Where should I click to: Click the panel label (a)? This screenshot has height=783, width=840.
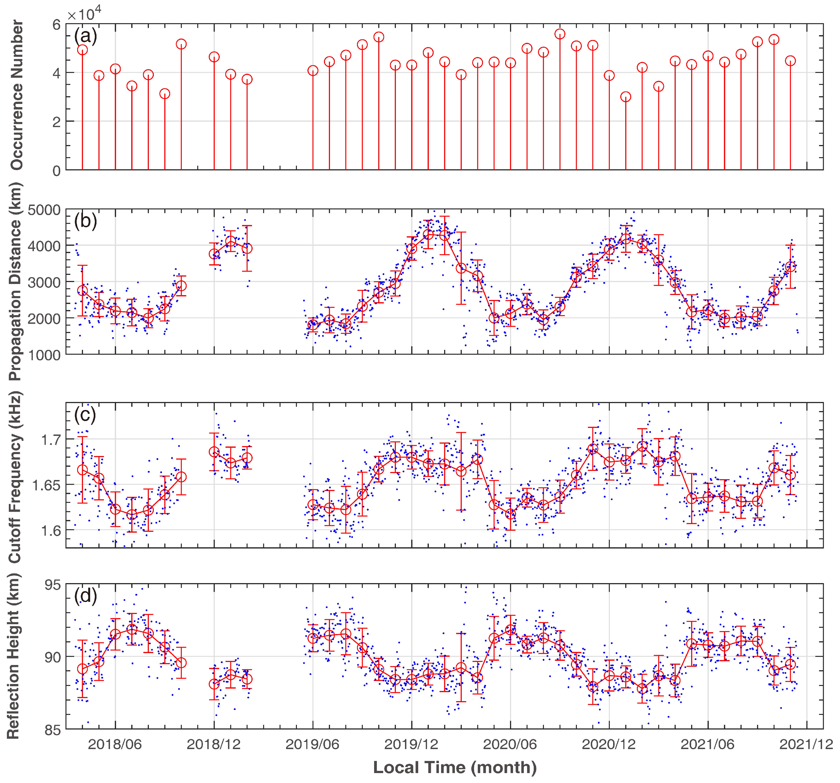(x=85, y=36)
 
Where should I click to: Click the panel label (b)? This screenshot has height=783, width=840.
(x=85, y=221)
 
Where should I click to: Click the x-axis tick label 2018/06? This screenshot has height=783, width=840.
(x=115, y=744)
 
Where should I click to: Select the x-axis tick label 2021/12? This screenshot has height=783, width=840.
(x=806, y=744)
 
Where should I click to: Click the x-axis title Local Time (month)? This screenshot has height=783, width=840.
(x=455, y=767)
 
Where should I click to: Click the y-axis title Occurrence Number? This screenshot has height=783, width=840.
(x=17, y=95)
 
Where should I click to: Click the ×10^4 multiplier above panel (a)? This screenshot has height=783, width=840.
(x=85, y=15)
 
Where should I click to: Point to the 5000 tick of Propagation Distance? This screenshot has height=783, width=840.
(x=44, y=210)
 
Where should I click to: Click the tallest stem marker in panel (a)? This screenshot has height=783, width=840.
(x=560, y=34)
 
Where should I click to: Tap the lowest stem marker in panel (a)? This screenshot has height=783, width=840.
(x=626, y=97)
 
